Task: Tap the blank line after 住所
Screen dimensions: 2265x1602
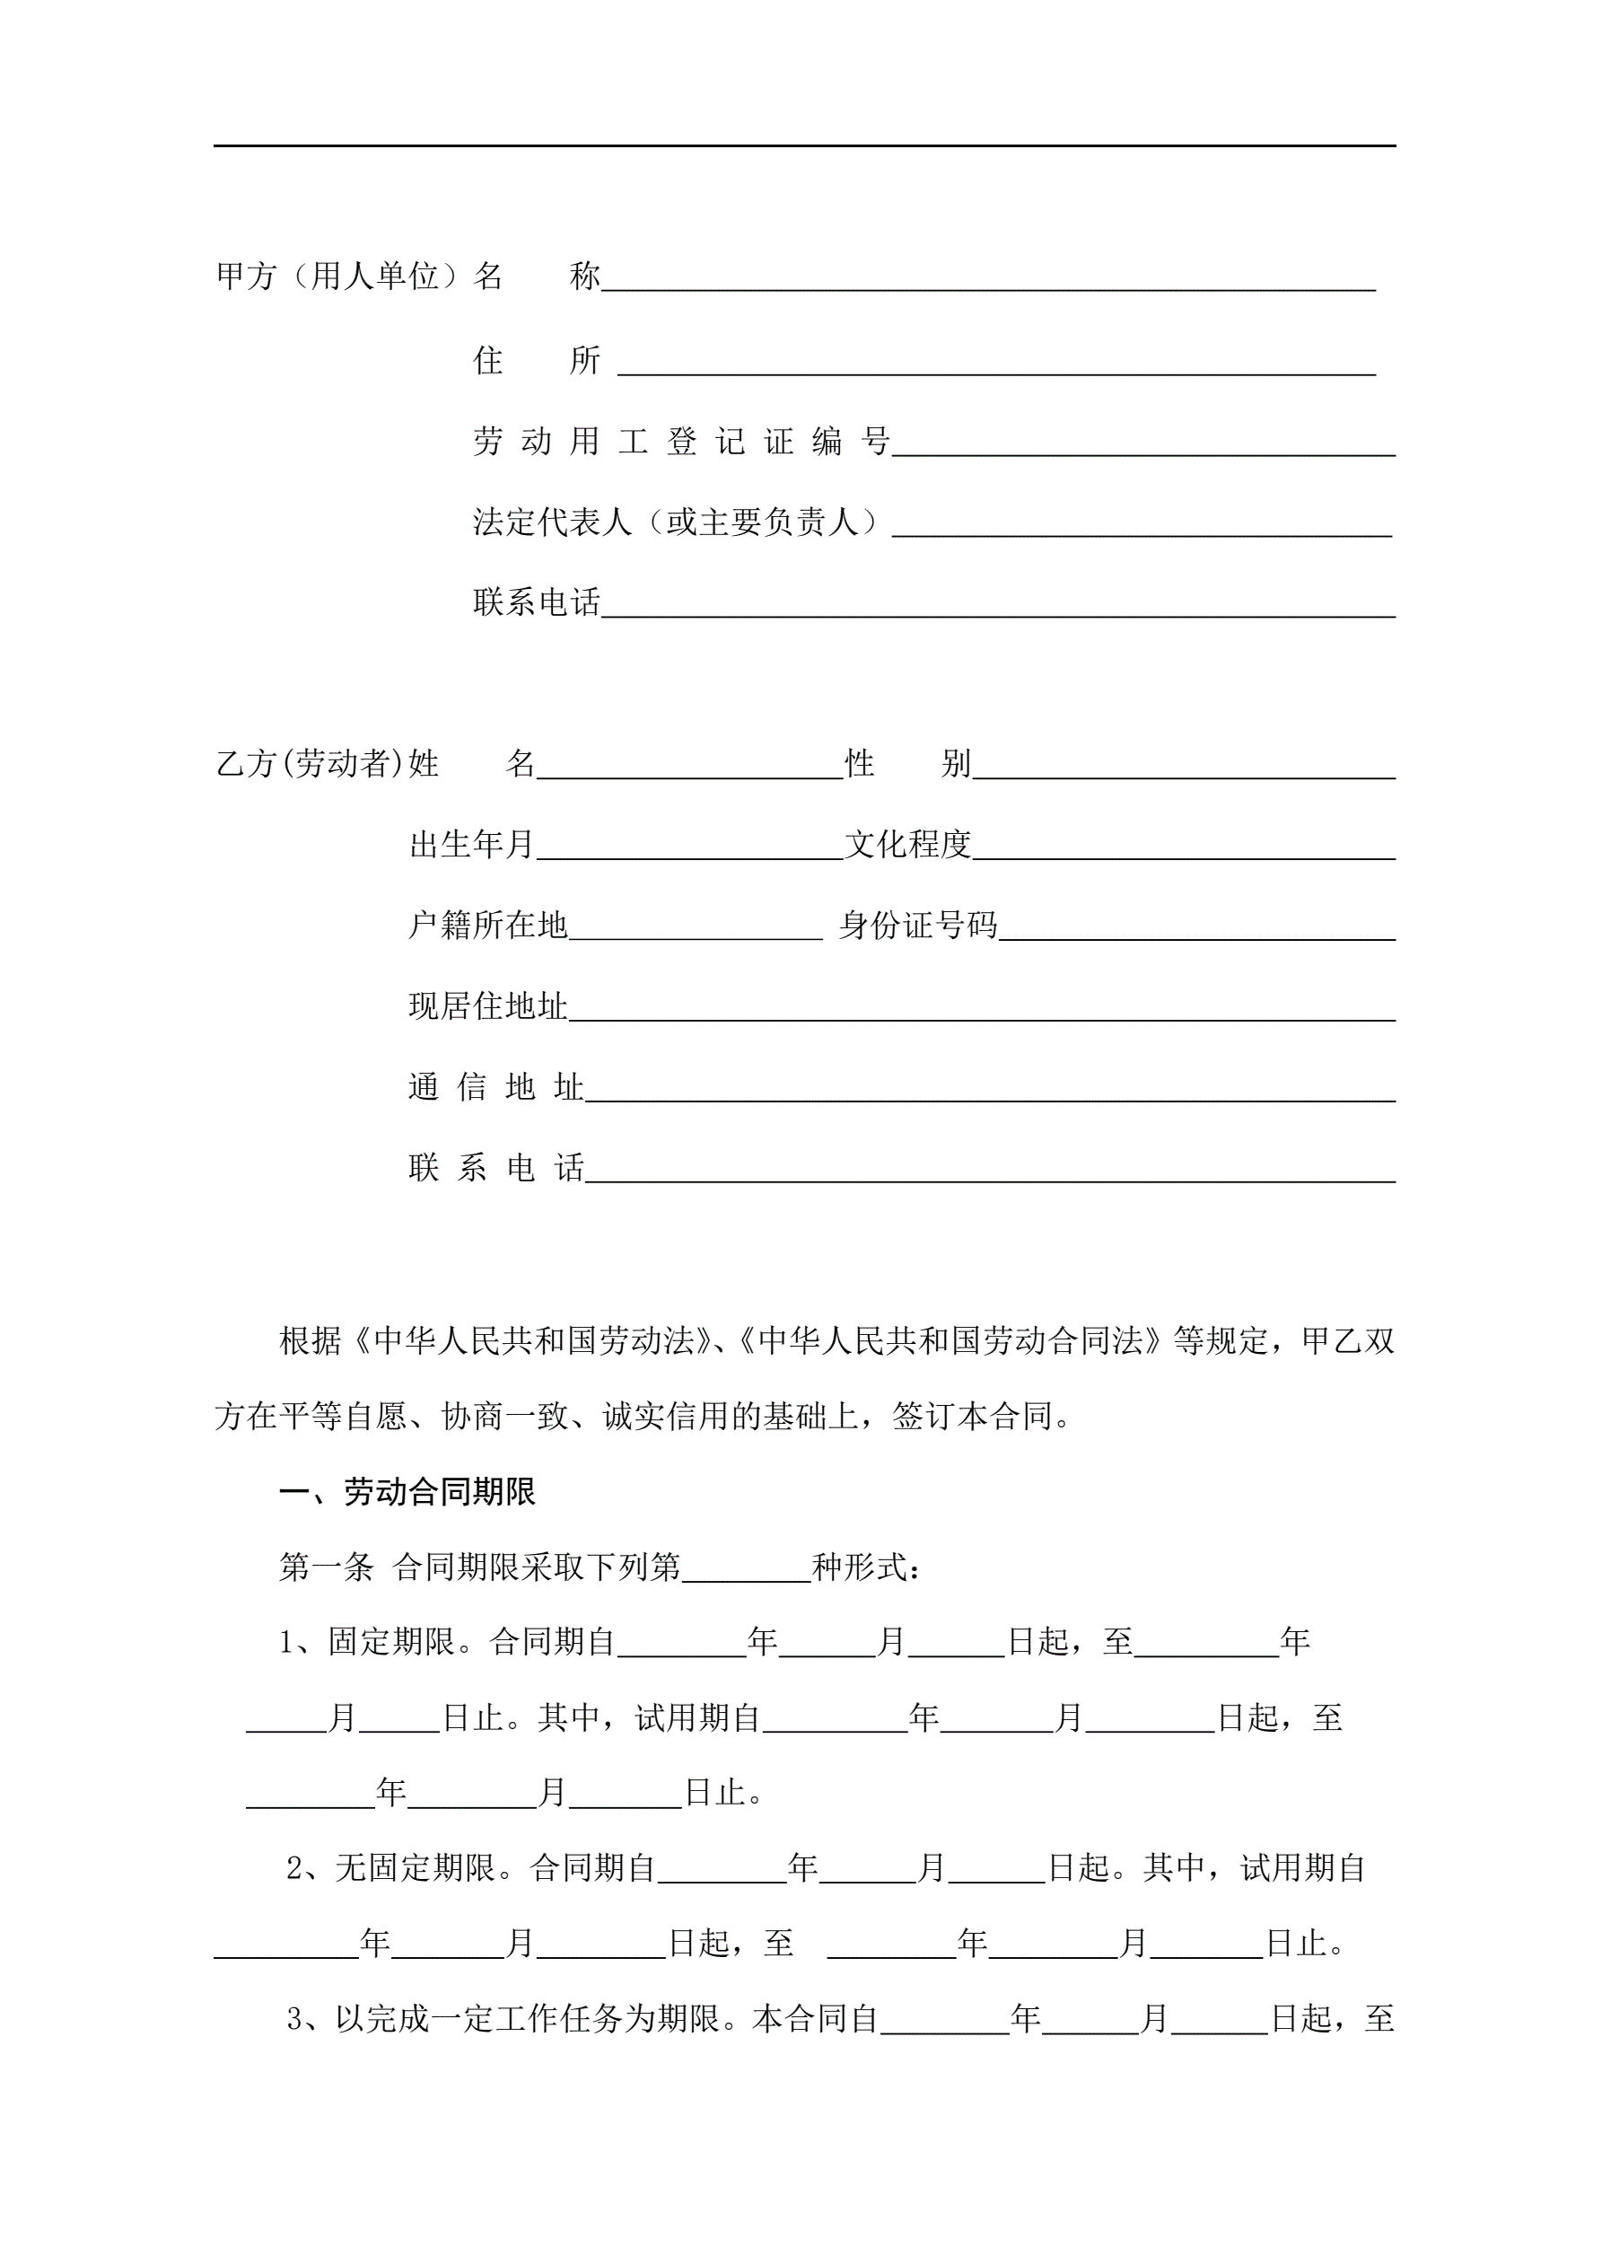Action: (996, 365)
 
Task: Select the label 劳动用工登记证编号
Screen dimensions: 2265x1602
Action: (680, 441)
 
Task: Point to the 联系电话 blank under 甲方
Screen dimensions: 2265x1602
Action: (998, 607)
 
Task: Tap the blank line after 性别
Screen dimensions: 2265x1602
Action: (1184, 768)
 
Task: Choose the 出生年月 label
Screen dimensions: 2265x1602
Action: (471, 845)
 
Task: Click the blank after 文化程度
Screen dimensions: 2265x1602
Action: (1184, 849)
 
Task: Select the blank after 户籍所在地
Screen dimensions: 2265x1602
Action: (696, 930)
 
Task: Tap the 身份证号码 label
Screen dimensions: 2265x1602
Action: (917, 926)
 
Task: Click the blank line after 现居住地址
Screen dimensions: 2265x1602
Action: (982, 1011)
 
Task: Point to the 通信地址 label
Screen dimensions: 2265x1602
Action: (495, 1087)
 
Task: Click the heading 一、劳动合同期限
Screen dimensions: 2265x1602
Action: (407, 1491)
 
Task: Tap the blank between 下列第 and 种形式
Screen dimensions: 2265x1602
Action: (746, 1571)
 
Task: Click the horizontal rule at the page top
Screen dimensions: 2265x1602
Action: (804, 146)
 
